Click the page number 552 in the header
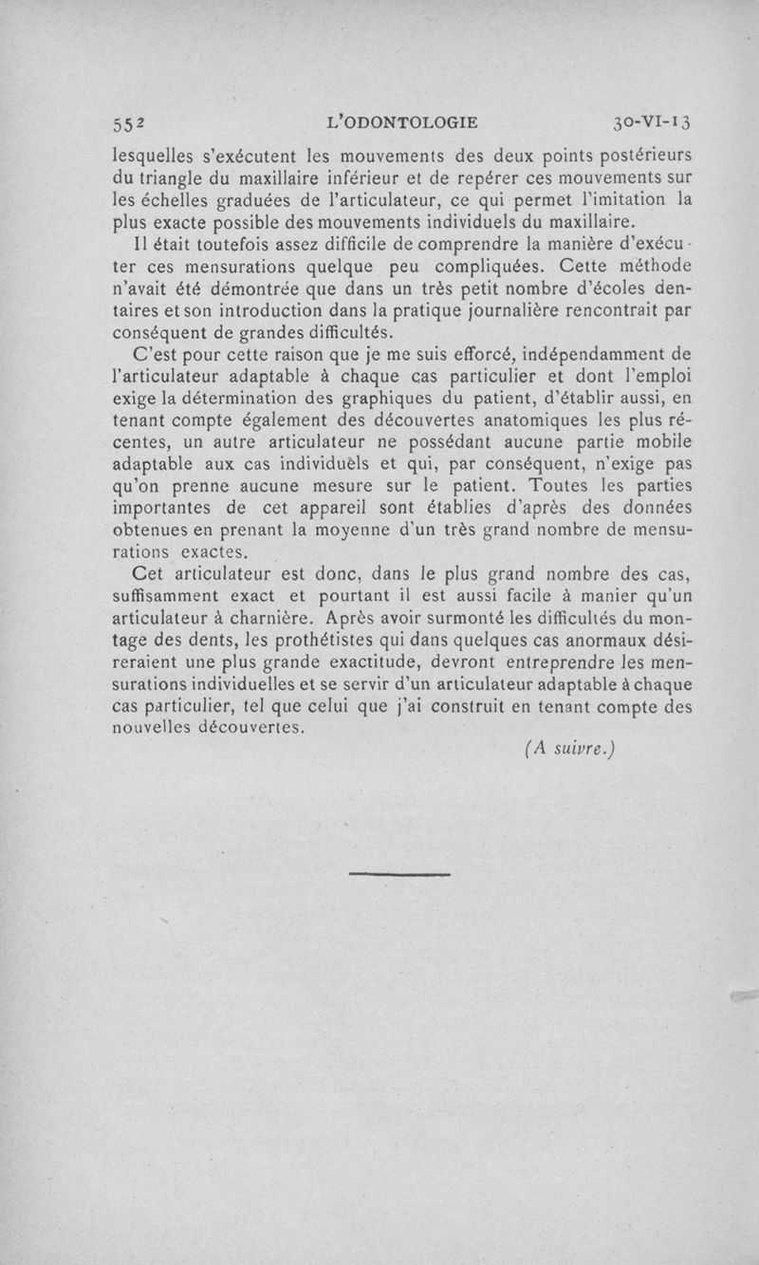[x=126, y=122]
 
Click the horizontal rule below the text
[x=399, y=872]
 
